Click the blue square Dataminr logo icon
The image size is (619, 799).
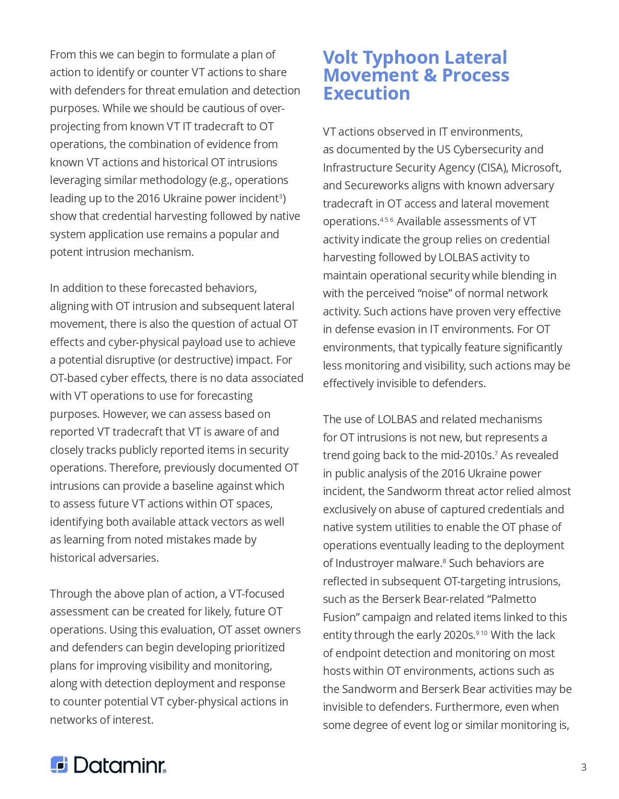59,764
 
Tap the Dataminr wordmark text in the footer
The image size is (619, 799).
120,765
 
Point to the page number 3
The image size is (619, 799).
584,767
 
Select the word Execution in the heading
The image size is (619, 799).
367,93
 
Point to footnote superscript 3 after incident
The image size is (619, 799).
281,196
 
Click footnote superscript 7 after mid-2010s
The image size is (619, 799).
496,452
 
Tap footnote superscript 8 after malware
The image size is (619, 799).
444,560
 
